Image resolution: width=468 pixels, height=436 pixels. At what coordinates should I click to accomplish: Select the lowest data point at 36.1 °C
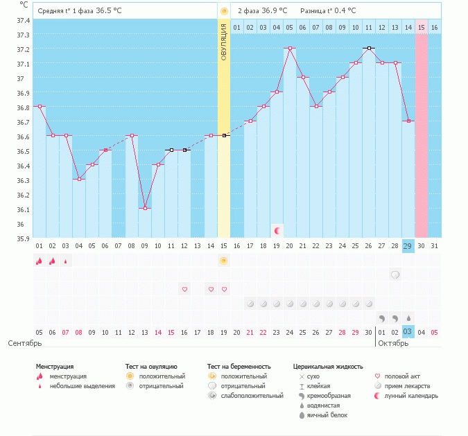pyautogui.click(x=145, y=209)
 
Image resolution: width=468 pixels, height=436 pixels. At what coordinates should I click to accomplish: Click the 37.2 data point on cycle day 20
pyautogui.click(x=290, y=49)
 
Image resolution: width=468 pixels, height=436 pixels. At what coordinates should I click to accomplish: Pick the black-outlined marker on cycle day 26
pyautogui.click(x=369, y=49)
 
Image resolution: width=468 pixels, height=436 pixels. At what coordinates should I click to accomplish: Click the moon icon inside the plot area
pyautogui.click(x=277, y=230)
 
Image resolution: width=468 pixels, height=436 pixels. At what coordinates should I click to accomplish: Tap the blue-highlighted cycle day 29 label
pyautogui.click(x=408, y=246)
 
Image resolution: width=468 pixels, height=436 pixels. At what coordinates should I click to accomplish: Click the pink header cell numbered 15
pyautogui.click(x=421, y=27)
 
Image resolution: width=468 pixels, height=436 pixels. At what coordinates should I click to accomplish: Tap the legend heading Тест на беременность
pyautogui.click(x=239, y=366)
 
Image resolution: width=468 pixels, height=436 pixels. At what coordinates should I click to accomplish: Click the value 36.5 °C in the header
pyautogui.click(x=109, y=11)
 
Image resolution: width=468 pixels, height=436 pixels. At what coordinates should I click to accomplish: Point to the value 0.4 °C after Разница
pyautogui.click(x=343, y=11)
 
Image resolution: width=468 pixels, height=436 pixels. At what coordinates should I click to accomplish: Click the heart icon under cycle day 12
pyautogui.click(x=184, y=289)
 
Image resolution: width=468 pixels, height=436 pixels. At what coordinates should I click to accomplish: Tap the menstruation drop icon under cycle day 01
pyautogui.click(x=40, y=261)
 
